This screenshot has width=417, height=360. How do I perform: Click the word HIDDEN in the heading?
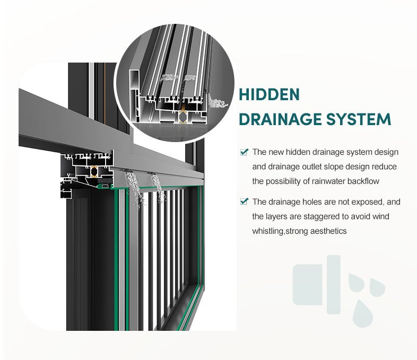point(270,94)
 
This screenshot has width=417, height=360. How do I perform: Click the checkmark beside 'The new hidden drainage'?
point(245,152)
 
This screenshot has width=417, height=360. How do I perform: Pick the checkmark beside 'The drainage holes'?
point(245,201)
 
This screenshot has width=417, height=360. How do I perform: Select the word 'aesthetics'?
point(329,231)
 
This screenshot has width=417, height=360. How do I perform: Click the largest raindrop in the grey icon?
point(363,313)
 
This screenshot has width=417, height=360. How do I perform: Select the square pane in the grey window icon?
point(308,285)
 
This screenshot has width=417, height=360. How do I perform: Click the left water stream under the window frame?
point(133,189)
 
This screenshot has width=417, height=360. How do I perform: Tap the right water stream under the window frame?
point(157,187)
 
